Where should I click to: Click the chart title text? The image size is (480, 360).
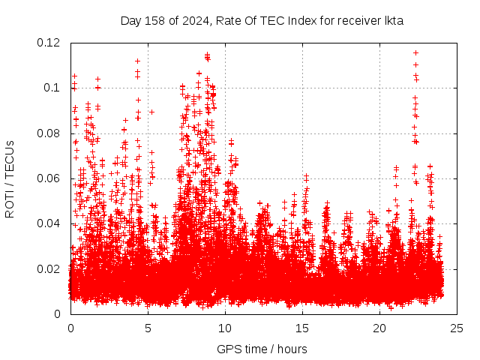(262, 20)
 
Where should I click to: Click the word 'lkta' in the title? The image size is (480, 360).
(394, 20)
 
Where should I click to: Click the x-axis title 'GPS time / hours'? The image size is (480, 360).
(262, 349)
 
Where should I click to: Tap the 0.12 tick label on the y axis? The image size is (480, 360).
(49, 43)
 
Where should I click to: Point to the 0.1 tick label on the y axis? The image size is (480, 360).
(52, 88)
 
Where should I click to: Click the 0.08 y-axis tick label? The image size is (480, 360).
(49, 133)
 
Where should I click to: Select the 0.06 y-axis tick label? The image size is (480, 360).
(49, 178)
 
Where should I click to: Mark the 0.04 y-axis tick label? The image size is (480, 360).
(49, 223)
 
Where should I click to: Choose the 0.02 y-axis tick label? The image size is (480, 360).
(49, 268)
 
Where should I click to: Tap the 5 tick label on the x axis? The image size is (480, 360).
(148, 328)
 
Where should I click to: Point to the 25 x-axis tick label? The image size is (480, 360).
(457, 328)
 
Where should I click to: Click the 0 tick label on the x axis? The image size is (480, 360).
(70, 328)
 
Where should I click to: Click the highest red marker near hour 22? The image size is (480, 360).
(415, 52)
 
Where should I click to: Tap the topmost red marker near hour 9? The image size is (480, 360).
(207, 55)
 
